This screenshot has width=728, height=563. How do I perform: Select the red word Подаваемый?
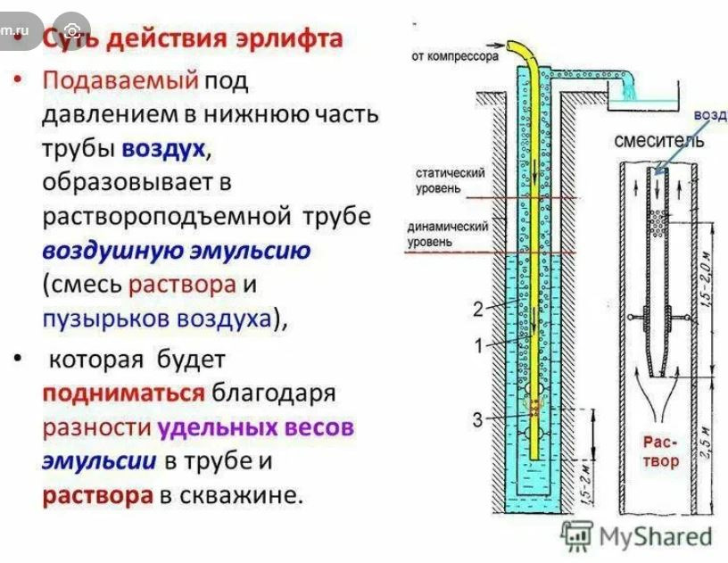point(120,80)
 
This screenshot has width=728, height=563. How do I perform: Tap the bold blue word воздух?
point(164,148)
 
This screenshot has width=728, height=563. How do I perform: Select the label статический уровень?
point(450,179)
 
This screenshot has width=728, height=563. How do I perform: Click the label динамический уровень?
point(448,233)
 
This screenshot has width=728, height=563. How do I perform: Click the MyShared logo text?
point(655,536)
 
